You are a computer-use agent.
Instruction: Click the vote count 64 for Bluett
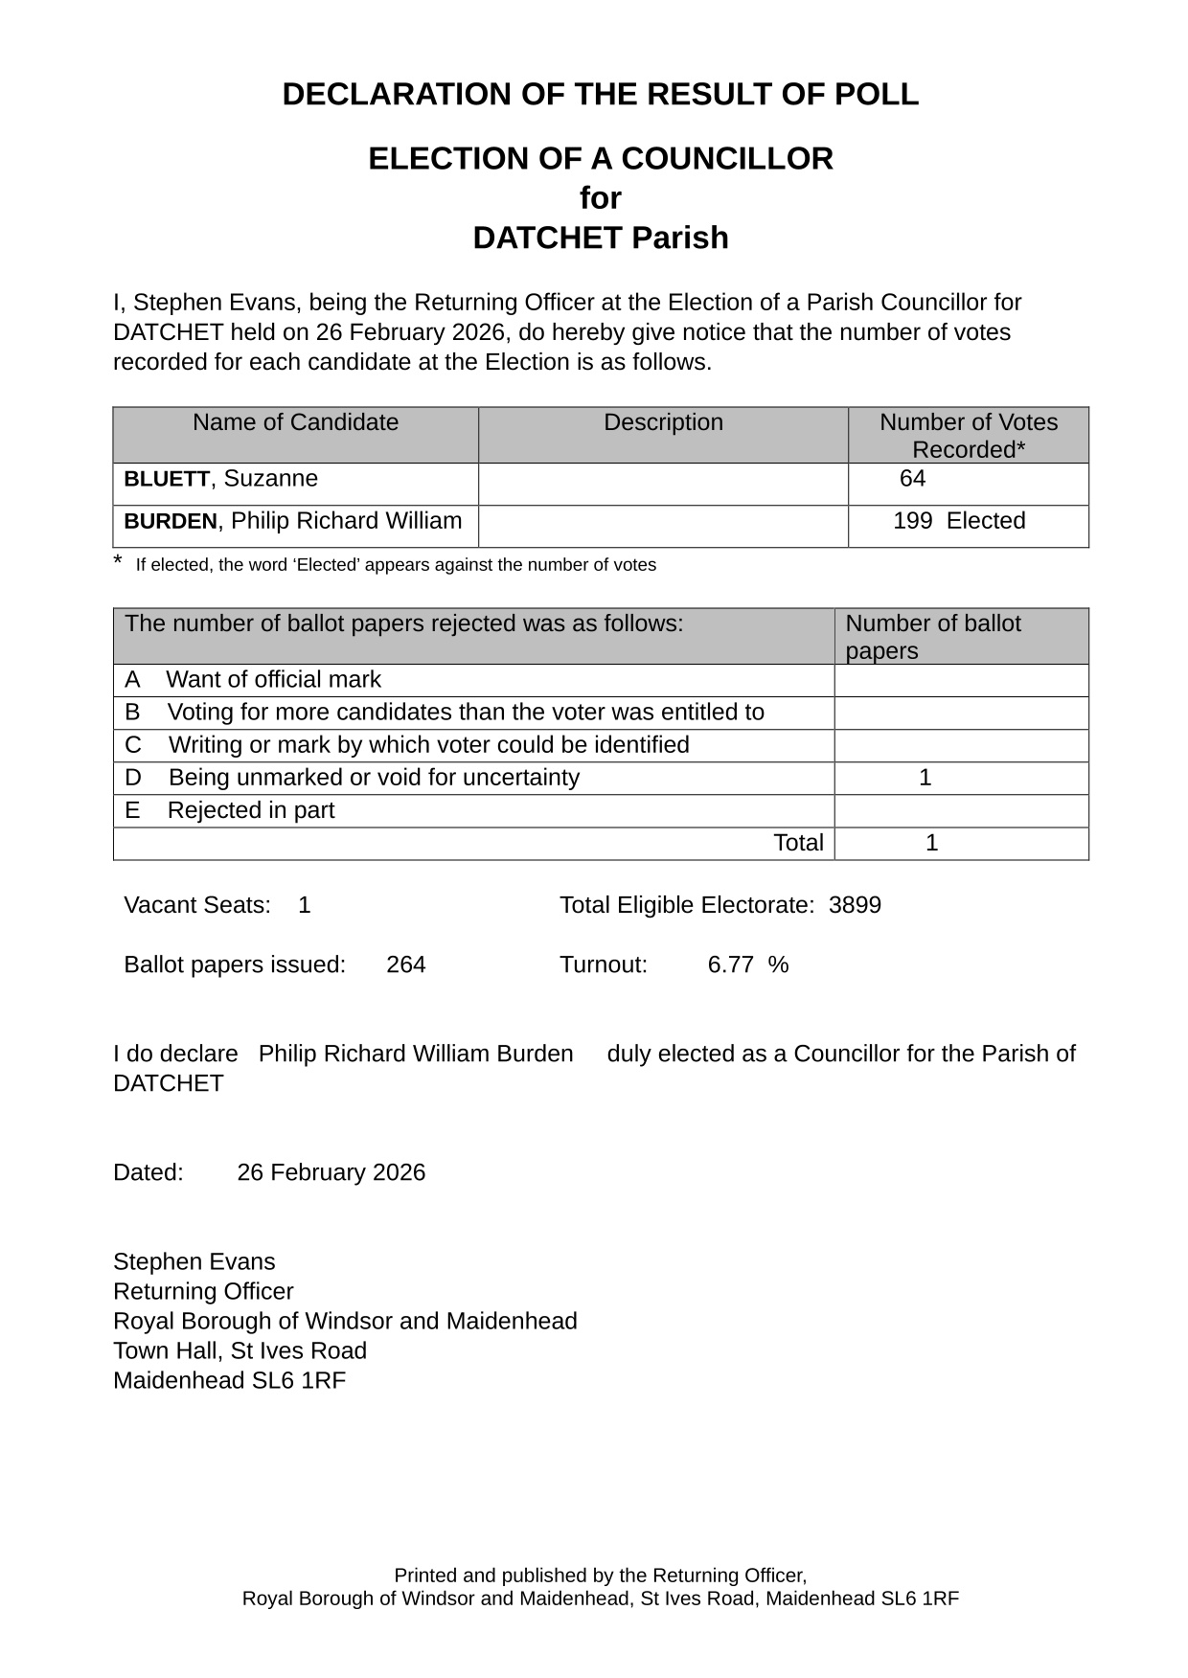pyautogui.click(x=912, y=479)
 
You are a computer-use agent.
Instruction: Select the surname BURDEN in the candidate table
pyautogui.click(x=171, y=522)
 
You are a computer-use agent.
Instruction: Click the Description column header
pyautogui.click(x=663, y=422)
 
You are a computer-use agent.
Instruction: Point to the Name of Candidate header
pyautogui.click(x=295, y=422)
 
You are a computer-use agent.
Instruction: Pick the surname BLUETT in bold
pyautogui.click(x=167, y=480)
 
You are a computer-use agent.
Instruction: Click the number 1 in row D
pyautogui.click(x=925, y=778)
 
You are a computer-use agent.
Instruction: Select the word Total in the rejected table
pyautogui.click(x=797, y=843)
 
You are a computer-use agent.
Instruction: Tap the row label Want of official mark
pyautogui.click(x=273, y=680)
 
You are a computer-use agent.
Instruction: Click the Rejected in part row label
pyautogui.click(x=250, y=810)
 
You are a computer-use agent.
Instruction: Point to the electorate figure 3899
pyautogui.click(x=855, y=905)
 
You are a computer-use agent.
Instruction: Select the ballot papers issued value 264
pyautogui.click(x=406, y=964)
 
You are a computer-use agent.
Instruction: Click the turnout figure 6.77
pyautogui.click(x=730, y=964)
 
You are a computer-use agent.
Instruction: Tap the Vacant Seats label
pyautogui.click(x=197, y=905)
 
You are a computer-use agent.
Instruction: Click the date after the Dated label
pyautogui.click(x=331, y=1173)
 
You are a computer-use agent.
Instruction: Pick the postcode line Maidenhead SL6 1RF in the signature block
pyautogui.click(x=229, y=1381)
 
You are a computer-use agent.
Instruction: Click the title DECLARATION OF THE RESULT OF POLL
pyautogui.click(x=600, y=95)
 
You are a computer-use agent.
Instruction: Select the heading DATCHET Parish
pyautogui.click(x=600, y=238)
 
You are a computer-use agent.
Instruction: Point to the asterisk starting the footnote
pyautogui.click(x=118, y=562)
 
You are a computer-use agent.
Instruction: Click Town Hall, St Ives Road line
pyautogui.click(x=240, y=1351)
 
